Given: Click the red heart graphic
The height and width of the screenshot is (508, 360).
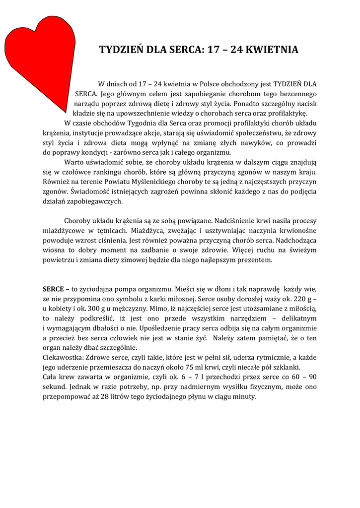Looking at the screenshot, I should [37, 55].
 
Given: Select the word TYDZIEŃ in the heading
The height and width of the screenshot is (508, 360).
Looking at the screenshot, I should [121, 50].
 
